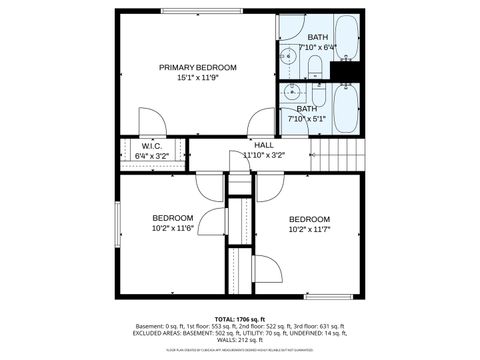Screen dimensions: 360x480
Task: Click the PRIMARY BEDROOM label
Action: pos(198,67)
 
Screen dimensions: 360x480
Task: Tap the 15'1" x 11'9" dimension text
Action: pos(198,77)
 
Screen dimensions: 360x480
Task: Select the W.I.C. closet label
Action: pos(152,145)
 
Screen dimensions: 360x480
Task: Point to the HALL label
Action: pos(264,145)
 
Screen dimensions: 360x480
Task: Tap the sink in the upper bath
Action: pos(287,56)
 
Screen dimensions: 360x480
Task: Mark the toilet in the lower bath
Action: pos(313,90)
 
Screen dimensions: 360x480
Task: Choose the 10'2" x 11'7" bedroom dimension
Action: pos(309,230)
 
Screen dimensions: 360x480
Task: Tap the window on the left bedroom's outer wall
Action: pos(117,228)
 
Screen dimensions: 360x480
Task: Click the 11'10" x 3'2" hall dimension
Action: pos(264,155)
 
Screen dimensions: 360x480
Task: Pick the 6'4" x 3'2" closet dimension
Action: pos(152,155)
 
